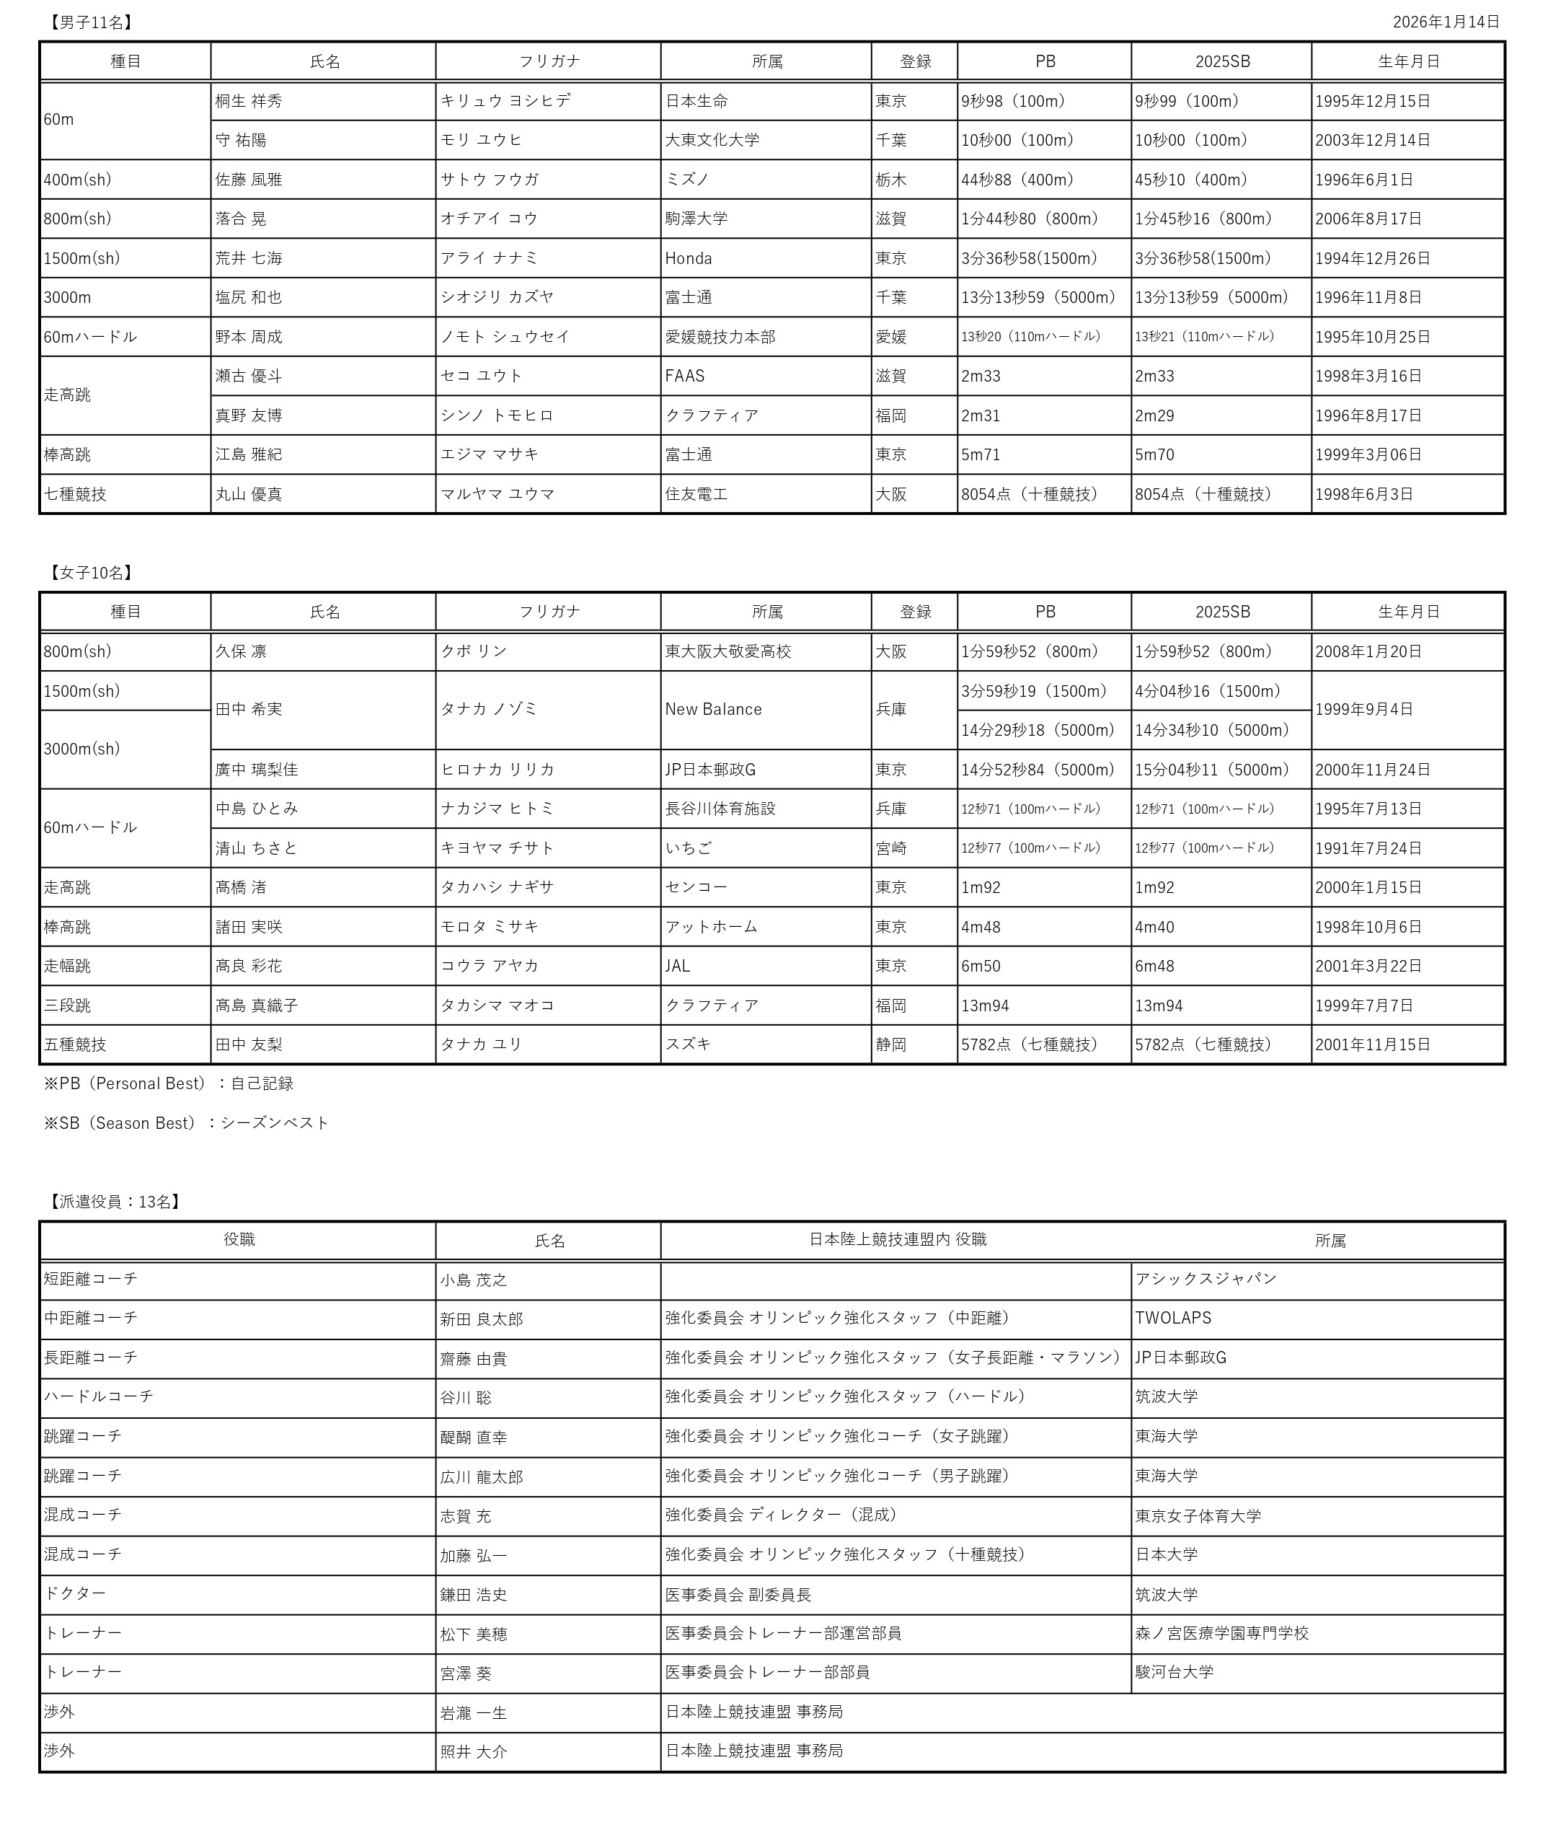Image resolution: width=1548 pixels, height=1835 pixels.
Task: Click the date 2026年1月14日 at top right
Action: (x=1446, y=22)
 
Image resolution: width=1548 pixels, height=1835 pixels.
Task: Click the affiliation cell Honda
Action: (x=688, y=258)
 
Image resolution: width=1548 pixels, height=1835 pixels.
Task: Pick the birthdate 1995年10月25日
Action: (x=1373, y=337)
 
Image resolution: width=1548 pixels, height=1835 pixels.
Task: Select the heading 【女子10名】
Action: (x=92, y=573)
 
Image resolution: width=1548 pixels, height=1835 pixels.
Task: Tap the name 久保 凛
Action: (x=240, y=651)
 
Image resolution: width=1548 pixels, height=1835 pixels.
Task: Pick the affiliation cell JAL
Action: (x=678, y=966)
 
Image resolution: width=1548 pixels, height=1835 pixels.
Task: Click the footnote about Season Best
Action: (x=186, y=1123)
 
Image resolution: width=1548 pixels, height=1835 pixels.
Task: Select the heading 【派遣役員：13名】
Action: (x=115, y=1202)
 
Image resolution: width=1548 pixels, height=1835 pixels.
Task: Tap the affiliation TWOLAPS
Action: (x=1172, y=1318)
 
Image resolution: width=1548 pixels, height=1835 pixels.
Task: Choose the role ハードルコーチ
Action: (x=98, y=1396)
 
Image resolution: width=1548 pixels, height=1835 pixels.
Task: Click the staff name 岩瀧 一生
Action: (x=473, y=1713)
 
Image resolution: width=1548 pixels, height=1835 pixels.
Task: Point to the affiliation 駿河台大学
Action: (x=1173, y=1672)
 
